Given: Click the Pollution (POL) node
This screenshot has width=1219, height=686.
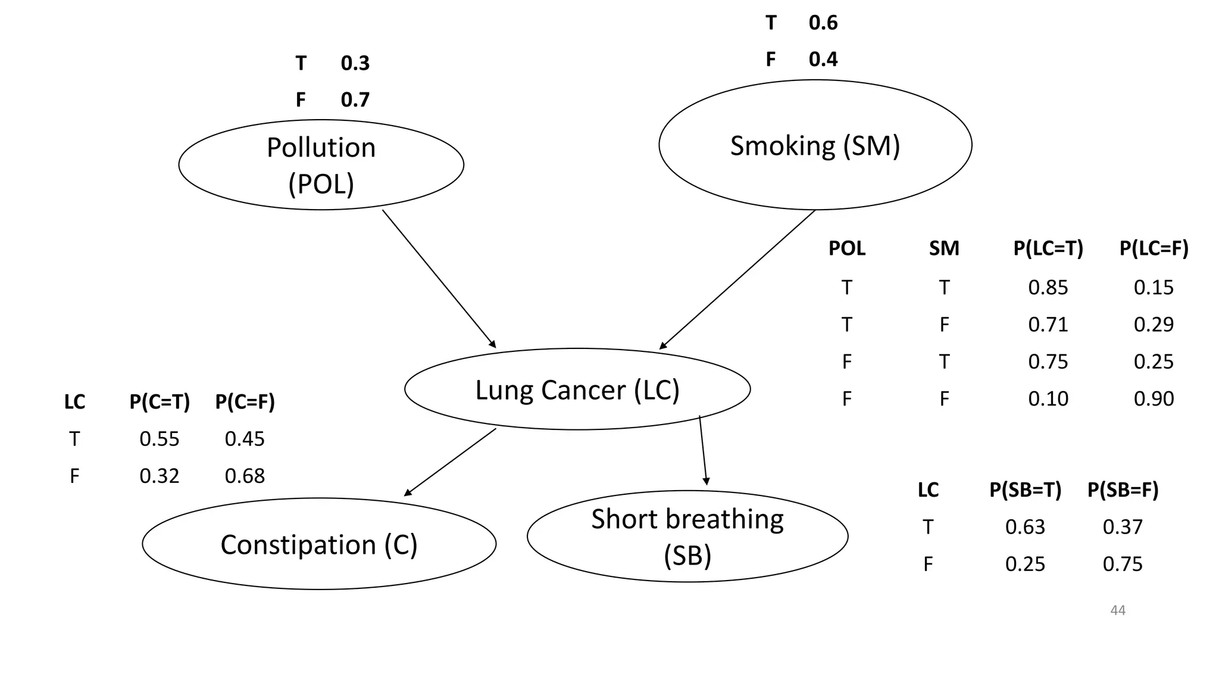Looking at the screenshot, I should pyautogui.click(x=321, y=165).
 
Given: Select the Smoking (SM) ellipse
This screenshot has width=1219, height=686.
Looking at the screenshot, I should pyautogui.click(x=815, y=145).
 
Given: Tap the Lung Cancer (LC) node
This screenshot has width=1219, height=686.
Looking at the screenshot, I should pyautogui.click(x=577, y=389).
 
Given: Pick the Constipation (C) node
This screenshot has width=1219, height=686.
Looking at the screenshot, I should pyautogui.click(x=319, y=544).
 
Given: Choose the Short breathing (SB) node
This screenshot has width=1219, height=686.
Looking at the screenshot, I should pyautogui.click(x=687, y=537).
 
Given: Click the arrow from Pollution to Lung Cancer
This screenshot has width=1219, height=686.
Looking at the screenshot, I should pyautogui.click(x=439, y=279).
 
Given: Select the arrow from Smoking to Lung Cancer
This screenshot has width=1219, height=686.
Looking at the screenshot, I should pyautogui.click(x=737, y=279).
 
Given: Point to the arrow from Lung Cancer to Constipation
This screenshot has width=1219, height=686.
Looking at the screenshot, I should pyautogui.click(x=450, y=462).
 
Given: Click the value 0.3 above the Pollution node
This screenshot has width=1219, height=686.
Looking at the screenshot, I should pyautogui.click(x=355, y=63).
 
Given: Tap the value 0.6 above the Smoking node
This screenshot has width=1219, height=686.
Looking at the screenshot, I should pyautogui.click(x=823, y=23).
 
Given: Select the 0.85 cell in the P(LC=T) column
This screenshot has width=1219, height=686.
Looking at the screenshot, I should pyautogui.click(x=1048, y=288).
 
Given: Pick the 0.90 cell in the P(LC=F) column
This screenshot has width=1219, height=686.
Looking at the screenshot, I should pyautogui.click(x=1153, y=398).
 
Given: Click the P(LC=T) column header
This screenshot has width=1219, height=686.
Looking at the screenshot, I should pyautogui.click(x=1048, y=248).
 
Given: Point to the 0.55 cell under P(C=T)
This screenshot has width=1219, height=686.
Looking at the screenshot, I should pyautogui.click(x=159, y=439).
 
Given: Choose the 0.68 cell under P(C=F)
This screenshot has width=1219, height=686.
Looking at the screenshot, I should pyautogui.click(x=244, y=476).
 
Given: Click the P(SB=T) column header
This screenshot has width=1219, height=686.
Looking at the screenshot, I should pyautogui.click(x=1025, y=489).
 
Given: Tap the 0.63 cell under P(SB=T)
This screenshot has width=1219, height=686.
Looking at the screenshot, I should pyautogui.click(x=1024, y=527).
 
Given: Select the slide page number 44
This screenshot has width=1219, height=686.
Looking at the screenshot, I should pyautogui.click(x=1117, y=610).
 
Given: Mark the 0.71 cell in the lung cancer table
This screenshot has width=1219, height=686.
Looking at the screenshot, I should pyautogui.click(x=1048, y=325).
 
